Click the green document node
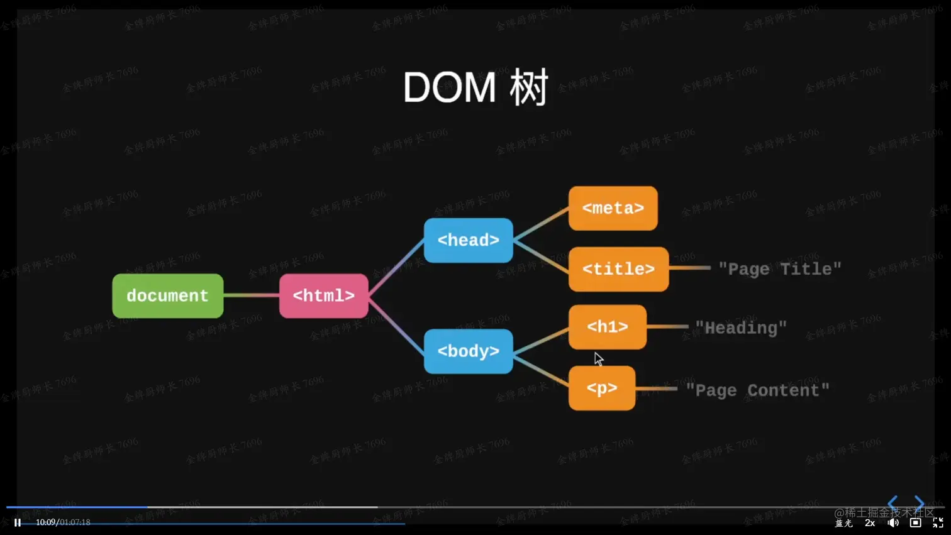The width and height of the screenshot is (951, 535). (167, 295)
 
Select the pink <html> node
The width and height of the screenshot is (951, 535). (323, 295)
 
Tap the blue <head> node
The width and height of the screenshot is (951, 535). (468, 240)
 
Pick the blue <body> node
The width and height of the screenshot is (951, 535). (468, 351)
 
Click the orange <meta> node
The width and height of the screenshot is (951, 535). (613, 208)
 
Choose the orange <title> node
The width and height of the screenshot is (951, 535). (618, 269)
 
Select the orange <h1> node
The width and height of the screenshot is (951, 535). (607, 327)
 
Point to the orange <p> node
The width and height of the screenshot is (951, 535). (601, 388)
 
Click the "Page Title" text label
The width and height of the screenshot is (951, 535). (779, 269)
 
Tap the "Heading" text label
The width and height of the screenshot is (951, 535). (741, 328)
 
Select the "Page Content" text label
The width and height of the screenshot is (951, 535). (757, 390)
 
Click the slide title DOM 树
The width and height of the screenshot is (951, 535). (475, 87)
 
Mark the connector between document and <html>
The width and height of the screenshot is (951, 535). (251, 295)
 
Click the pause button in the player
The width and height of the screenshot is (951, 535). (18, 522)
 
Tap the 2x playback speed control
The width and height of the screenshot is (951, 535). (870, 523)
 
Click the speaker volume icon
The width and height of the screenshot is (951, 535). (893, 523)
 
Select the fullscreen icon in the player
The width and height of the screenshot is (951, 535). (938, 523)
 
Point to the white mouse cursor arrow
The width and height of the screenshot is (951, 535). (598, 358)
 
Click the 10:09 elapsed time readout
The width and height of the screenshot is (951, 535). (45, 522)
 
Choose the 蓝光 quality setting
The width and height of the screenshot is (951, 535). (843, 524)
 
